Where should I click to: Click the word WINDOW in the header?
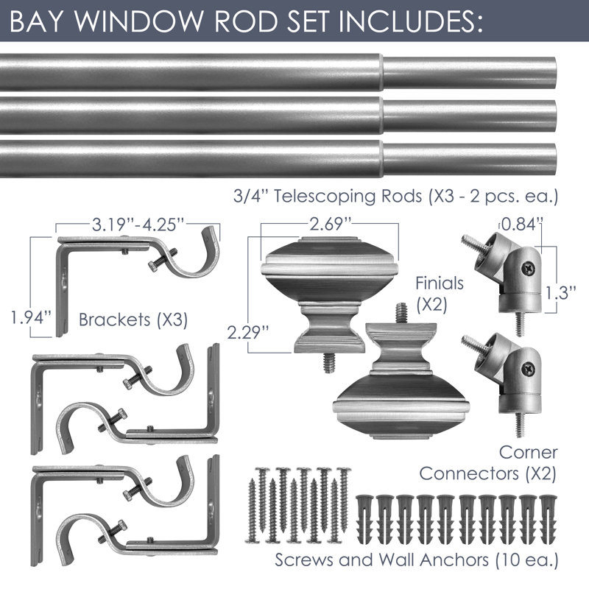[x=138, y=21]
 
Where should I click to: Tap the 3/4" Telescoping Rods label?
[x=395, y=196]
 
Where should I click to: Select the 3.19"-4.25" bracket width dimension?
[x=138, y=225]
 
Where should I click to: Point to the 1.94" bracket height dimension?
[x=31, y=318]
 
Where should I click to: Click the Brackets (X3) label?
[x=133, y=320]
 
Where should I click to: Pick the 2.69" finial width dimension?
[x=330, y=224]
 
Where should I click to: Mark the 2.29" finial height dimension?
[x=248, y=332]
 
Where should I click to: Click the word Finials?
[x=439, y=283]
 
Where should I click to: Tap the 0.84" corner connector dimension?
[x=522, y=225]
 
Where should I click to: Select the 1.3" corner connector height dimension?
[x=560, y=293]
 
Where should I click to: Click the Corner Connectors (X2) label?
[x=488, y=463]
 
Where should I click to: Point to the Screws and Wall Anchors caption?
[x=417, y=560]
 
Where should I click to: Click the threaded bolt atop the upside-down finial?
[x=401, y=312]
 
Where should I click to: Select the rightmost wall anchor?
[x=548, y=521]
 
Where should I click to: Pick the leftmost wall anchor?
[x=364, y=521]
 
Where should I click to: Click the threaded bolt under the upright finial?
[x=329, y=362]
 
